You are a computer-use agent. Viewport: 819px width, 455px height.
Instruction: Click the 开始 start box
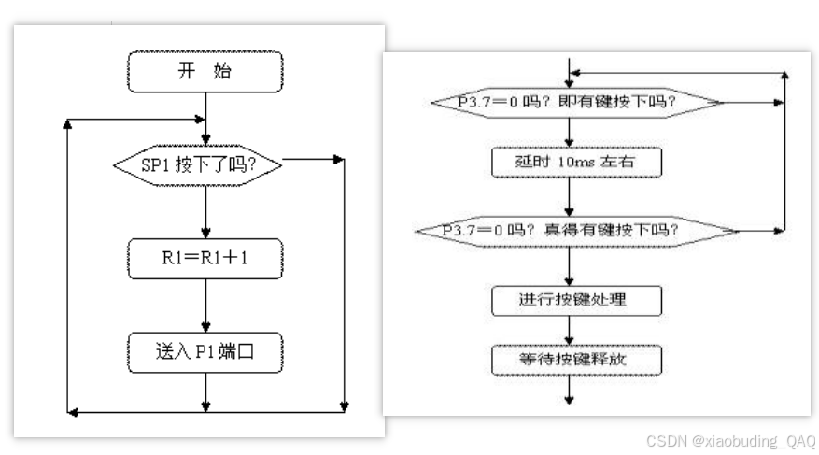coord(204,71)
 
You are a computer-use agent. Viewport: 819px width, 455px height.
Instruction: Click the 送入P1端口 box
coord(204,352)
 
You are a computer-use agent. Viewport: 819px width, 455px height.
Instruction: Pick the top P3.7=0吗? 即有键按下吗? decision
coord(569,102)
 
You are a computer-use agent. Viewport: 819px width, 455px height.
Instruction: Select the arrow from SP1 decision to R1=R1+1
coord(204,212)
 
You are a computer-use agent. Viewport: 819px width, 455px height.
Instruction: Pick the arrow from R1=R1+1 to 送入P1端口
coord(204,306)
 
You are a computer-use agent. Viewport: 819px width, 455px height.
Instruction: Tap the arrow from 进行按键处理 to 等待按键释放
coord(569,330)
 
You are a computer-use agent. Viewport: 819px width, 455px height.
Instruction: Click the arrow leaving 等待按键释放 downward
coord(569,390)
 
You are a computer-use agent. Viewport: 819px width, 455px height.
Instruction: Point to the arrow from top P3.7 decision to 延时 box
coord(569,132)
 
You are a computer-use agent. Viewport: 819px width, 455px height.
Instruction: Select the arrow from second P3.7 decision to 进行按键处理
coord(569,265)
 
